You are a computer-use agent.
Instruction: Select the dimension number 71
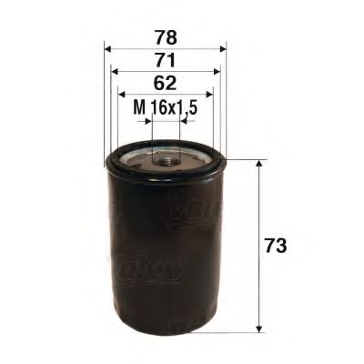tap(165, 62)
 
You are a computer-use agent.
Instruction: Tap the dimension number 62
tap(165, 84)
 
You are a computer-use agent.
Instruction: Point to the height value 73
tap(276, 247)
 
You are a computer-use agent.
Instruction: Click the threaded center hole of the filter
tap(166, 161)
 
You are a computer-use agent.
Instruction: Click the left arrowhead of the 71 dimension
tap(114, 71)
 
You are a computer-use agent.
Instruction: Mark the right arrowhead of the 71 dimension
tap(216, 71)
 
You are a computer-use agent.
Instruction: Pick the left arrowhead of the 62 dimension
tap(121, 93)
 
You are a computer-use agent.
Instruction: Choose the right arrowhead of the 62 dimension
tap(208, 93)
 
